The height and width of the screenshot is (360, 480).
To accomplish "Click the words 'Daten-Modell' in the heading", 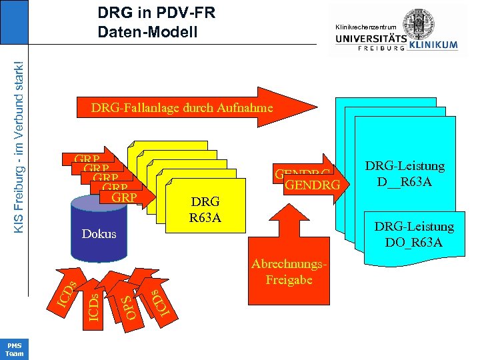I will click(x=147, y=31).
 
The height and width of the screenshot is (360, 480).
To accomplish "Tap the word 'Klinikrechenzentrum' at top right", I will click(x=370, y=26).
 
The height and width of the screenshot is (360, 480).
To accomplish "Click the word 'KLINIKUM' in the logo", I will click(x=434, y=45).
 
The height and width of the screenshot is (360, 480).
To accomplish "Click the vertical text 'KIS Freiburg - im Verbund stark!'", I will click(x=20, y=147).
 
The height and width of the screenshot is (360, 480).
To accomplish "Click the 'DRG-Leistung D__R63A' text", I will click(x=405, y=173).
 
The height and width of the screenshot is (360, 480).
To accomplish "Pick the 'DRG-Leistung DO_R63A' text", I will click(x=414, y=234).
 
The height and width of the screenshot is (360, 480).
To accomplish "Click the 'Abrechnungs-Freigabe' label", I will click(x=289, y=272).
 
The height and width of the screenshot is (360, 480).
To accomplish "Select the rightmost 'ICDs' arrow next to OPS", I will click(x=156, y=301).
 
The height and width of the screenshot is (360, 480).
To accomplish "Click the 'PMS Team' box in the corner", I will click(x=14, y=349).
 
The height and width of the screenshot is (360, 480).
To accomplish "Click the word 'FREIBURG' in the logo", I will click(x=381, y=48).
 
